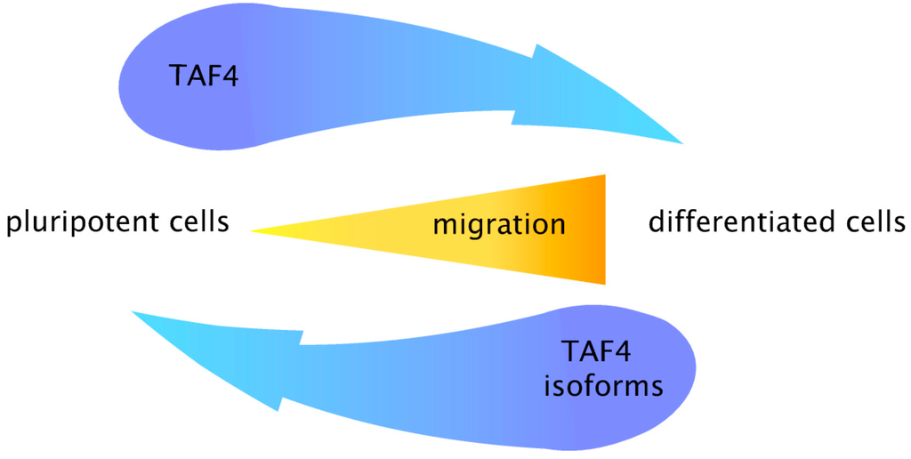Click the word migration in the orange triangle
(498, 224)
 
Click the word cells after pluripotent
(190, 221)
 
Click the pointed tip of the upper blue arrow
(681, 142)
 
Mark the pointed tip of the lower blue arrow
(133, 313)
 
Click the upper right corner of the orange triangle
(604, 176)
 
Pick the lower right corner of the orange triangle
(604, 284)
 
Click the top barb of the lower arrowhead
(300, 343)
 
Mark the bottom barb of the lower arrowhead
(279, 409)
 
